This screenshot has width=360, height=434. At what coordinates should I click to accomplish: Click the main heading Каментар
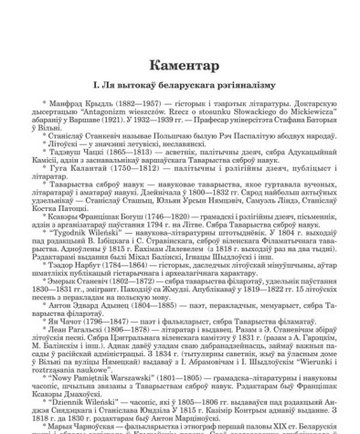(x=179, y=45)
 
